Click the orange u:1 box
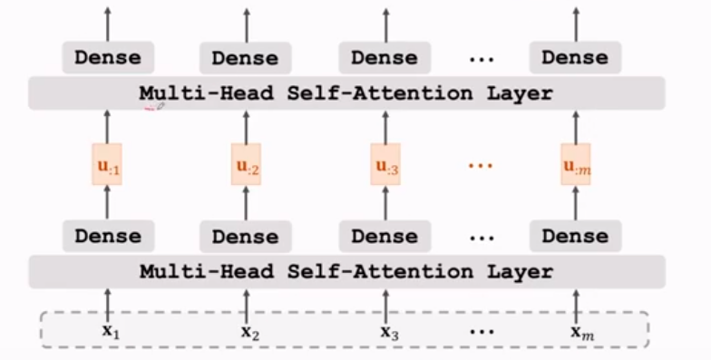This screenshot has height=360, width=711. tap(107, 164)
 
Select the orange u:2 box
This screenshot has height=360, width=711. tap(246, 164)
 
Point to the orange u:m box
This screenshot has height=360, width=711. tap(575, 164)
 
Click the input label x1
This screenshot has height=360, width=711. tap(110, 331)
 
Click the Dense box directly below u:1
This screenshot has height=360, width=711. tap(108, 236)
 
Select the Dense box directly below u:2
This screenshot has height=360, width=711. tap(246, 237)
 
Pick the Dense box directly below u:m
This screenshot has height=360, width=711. tap(575, 236)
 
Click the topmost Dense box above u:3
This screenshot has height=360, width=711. tap(384, 58)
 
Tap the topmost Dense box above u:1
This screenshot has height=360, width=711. tap(108, 58)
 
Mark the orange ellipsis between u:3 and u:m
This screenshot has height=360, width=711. tap(482, 166)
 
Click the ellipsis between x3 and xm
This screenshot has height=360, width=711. tap(482, 332)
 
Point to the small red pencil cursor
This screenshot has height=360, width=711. tap(155, 108)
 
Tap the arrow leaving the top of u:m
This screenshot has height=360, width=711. tap(575, 126)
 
